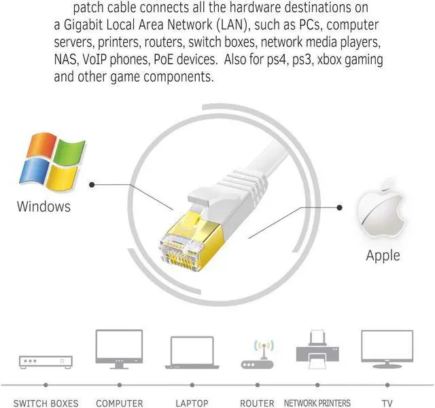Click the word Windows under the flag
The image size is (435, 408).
(43, 206)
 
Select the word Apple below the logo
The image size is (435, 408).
(383, 256)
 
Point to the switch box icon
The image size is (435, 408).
(46, 361)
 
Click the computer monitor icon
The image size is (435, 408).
(119, 349)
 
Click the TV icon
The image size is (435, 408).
(387, 349)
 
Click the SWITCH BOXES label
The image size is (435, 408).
(46, 403)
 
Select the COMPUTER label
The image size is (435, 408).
(119, 403)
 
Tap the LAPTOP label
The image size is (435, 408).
(192, 403)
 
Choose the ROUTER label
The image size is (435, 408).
(258, 403)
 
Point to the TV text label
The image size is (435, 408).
(387, 403)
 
